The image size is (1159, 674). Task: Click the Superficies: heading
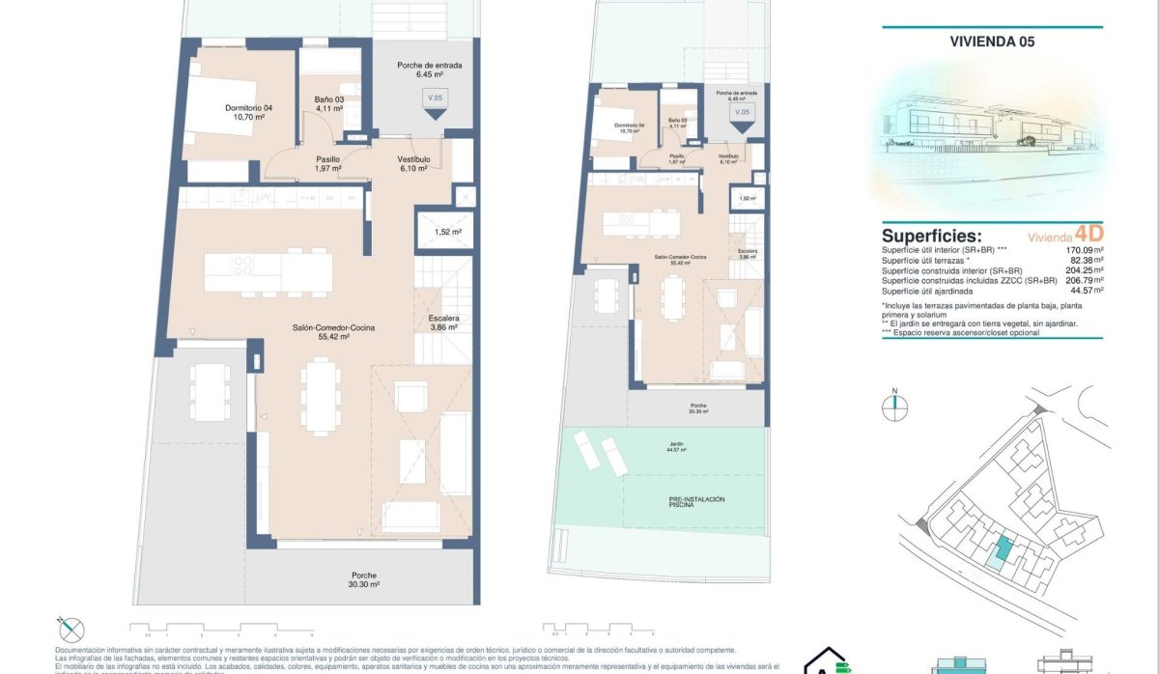tap(931, 237)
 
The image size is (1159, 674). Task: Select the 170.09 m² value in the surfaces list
tap(1083, 249)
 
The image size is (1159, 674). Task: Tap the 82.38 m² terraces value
tap(1085, 260)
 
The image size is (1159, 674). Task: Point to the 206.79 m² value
tap(1083, 280)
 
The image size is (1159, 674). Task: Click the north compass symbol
tap(895, 407)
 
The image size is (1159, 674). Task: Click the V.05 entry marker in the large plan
tap(435, 99)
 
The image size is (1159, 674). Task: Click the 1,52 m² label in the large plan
tap(447, 232)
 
